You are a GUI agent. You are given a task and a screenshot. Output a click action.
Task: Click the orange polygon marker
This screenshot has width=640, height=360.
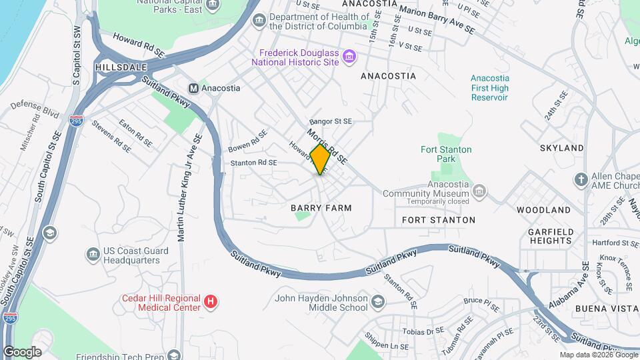pos(321,159)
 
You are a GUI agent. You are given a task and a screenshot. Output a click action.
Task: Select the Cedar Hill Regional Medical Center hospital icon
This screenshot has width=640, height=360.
pos(211,303)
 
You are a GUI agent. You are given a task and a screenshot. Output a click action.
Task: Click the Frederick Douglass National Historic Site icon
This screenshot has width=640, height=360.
pos(349,57)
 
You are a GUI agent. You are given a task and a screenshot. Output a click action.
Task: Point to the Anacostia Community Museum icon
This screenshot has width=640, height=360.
pos(478,193)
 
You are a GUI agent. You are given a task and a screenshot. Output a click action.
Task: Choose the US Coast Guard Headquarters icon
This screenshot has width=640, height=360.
pos(93,254)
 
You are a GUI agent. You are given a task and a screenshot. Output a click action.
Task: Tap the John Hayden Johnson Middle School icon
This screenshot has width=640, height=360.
pos(379,303)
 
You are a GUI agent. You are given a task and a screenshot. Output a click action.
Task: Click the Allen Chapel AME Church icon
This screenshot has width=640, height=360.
pos(581,180)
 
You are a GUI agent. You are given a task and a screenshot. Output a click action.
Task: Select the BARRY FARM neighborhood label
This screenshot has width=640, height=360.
pos(321,208)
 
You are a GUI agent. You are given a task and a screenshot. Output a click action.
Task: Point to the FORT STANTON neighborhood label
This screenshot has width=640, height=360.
pos(439,219)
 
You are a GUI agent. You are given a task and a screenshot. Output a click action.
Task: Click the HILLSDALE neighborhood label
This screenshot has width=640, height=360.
pos(120,68)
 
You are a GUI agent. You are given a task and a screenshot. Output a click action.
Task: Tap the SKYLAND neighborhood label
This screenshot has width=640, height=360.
pos(561,148)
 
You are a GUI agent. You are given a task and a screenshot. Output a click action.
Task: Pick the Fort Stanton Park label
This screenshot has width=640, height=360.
pos(446,154)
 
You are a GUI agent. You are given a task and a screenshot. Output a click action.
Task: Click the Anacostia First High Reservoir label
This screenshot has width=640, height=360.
pos(489,88)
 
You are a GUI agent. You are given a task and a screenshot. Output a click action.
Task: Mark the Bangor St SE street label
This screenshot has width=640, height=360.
pos(330,122)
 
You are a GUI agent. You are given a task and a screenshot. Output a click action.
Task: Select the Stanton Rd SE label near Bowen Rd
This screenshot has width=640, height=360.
pos(253,162)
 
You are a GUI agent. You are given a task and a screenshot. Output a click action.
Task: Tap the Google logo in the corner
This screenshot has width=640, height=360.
pos(22,351)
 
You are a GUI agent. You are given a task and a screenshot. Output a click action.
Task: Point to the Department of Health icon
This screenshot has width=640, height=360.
pos(259,21)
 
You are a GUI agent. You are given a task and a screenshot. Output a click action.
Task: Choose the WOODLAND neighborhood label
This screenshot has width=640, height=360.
pos(543,209)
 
